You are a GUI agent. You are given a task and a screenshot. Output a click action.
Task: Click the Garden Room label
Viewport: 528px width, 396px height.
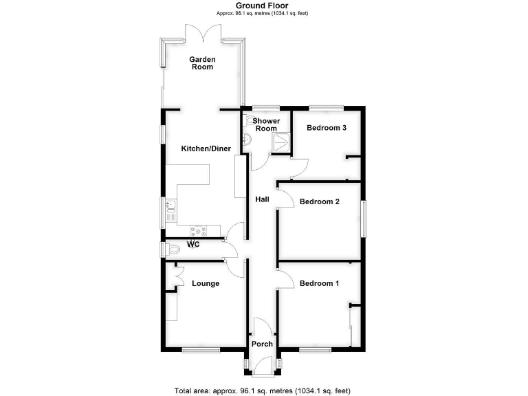[x=202, y=63]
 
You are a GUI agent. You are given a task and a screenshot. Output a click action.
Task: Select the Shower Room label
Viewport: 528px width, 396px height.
[x=266, y=124]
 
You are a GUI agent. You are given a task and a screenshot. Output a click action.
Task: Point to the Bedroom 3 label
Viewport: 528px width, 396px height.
[x=326, y=128]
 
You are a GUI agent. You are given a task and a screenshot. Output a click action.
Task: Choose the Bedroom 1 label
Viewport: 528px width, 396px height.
[x=319, y=283]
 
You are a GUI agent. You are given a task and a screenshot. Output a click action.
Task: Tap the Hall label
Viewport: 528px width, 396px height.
[x=262, y=199]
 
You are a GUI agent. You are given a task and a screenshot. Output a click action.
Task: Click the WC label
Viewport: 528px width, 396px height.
[x=193, y=245]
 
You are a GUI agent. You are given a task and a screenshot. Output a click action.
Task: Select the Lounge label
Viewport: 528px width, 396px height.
[x=205, y=283]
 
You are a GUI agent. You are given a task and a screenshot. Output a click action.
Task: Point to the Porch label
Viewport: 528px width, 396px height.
[x=262, y=344]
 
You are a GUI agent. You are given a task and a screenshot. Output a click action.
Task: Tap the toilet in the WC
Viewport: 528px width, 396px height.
[x=172, y=250]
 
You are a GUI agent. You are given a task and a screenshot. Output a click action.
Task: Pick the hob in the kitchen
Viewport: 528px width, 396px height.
[x=199, y=230]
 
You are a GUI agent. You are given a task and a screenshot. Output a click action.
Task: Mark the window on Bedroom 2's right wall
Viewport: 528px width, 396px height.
[x=364, y=219]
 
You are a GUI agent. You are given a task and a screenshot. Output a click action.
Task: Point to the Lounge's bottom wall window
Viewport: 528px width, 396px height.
[x=201, y=351]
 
